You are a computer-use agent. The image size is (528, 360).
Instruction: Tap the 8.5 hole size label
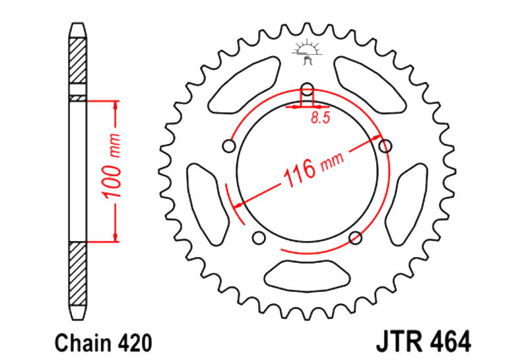321,118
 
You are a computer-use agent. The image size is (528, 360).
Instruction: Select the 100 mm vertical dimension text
112,166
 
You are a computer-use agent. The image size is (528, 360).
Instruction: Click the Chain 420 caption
104,343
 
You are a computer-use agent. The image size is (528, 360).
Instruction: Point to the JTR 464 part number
424,342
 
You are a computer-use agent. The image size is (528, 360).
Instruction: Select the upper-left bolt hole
229,146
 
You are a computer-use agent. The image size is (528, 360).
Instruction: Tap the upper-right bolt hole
385,146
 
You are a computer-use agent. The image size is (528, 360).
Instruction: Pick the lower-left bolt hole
259,238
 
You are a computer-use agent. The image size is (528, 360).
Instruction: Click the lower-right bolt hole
356,238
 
